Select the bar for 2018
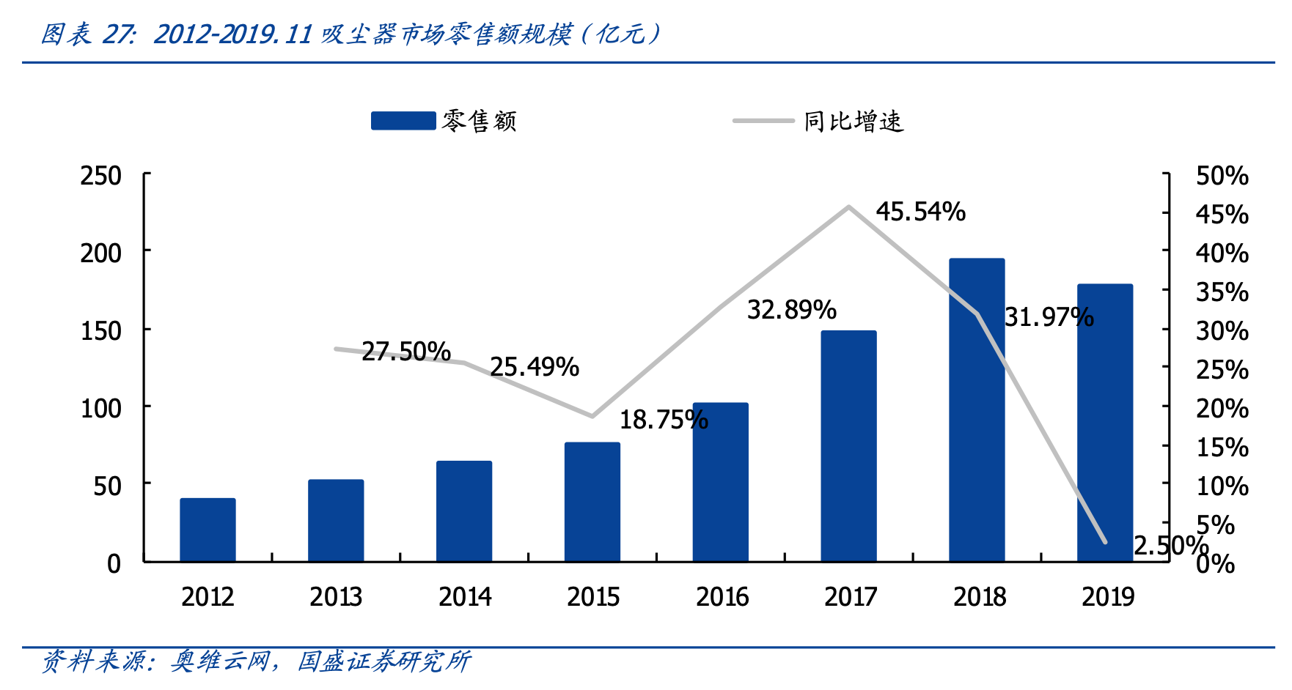click(977, 410)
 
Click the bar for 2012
click(208, 530)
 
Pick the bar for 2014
click(464, 511)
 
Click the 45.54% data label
click(920, 212)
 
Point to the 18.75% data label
click(664, 420)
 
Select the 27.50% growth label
click(405, 352)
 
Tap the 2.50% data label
click(1170, 546)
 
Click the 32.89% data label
click(791, 310)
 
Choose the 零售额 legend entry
click(444, 121)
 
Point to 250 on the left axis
click(101, 176)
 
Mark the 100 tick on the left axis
click(101, 408)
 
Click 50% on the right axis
click(1222, 176)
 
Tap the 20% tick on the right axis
click(1222, 408)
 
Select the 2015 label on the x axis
click(592, 597)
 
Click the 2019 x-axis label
click(1107, 597)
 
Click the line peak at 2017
click(848, 207)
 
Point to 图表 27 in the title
click(88, 34)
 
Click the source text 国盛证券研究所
click(383, 661)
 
